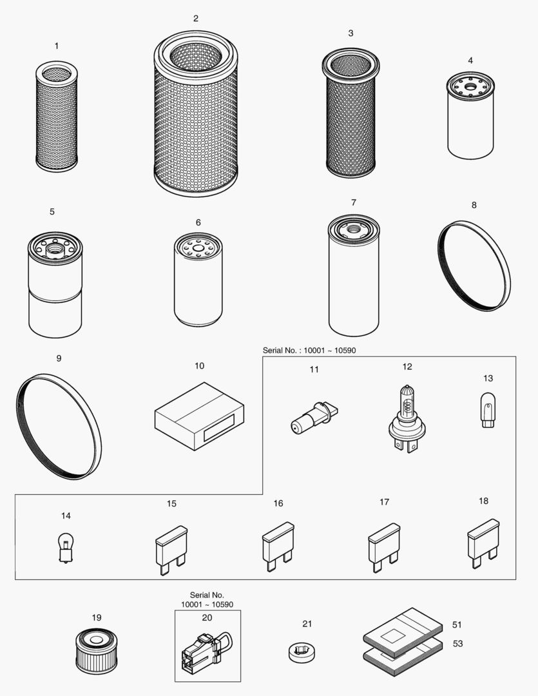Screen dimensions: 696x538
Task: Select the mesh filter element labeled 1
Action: pyautogui.click(x=56, y=116)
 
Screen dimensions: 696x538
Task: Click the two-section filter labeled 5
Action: pyautogui.click(x=55, y=285)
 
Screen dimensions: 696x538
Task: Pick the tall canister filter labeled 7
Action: pyautogui.click(x=354, y=276)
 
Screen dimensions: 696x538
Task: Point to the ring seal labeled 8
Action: pyautogui.click(x=474, y=266)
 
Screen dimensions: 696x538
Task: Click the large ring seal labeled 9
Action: pyautogui.click(x=59, y=426)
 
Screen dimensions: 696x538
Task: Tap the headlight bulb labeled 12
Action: pyautogui.click(x=405, y=420)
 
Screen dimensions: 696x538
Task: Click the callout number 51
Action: pyautogui.click(x=457, y=624)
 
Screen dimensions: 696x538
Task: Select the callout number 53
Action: pyautogui.click(x=457, y=644)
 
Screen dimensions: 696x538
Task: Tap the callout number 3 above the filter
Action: pyautogui.click(x=351, y=33)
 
